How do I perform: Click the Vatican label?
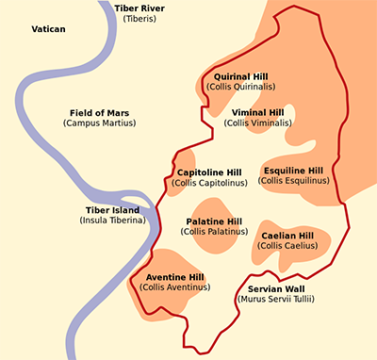(48, 30)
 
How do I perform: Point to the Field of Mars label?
(99, 112)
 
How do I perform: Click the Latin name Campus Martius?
(99, 123)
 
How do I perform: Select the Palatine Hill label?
(214, 221)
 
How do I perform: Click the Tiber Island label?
(112, 210)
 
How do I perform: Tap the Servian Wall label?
(276, 288)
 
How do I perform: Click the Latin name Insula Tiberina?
(112, 221)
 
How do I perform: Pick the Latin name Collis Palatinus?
(214, 232)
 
